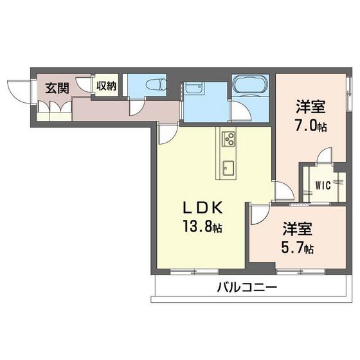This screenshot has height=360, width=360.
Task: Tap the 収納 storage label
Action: point(106,86)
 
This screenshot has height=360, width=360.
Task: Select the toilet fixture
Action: point(153,85)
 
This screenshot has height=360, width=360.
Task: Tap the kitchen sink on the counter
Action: point(230,169)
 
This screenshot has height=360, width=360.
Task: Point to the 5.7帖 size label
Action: point(298,248)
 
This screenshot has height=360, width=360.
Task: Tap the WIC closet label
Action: point(323,187)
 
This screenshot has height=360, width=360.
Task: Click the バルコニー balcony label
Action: point(246,287)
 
